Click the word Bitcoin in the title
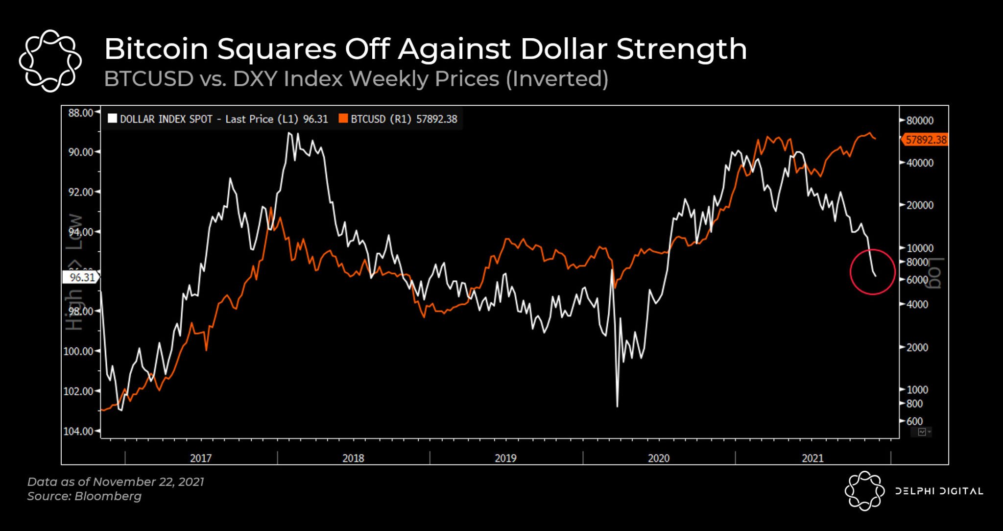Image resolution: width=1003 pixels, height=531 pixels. pos(156,49)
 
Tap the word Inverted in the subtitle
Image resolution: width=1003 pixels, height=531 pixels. pos(557,79)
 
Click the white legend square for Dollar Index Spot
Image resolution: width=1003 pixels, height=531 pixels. pos(113,119)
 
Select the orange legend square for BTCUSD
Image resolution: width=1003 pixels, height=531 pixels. pos(343,119)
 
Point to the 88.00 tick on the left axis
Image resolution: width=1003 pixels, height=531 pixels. pos(80,113)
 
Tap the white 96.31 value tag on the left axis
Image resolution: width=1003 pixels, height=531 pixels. pos(81,277)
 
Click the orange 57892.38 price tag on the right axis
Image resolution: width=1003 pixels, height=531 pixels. pos(925,140)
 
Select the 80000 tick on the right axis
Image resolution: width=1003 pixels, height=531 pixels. pos(919,121)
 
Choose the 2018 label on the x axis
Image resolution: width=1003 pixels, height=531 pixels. pos(353,458)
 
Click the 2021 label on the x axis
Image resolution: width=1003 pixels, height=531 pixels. pos(812,458)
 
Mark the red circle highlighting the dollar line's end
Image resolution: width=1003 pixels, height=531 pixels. pos(872,272)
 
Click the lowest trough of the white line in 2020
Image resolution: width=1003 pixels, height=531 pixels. pos(617,406)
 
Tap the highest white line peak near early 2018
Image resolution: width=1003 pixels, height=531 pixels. pos(289,133)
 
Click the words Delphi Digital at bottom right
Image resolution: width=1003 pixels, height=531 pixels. pos(938,491)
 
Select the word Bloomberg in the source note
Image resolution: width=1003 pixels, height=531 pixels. pos(108,496)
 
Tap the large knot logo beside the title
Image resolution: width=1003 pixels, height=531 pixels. pos(50,61)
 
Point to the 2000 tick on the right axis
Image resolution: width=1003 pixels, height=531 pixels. pos(917,347)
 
